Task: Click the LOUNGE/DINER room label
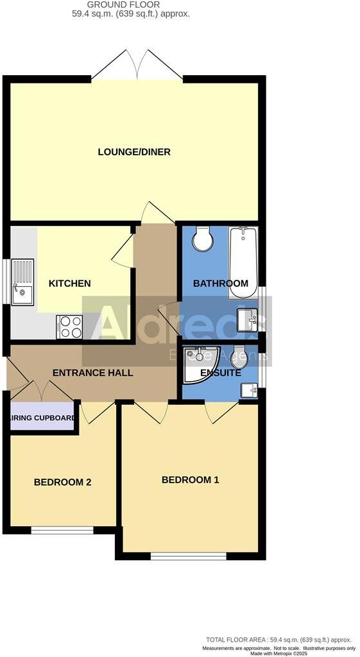134,152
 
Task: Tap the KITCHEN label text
70,284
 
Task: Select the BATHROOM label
220,284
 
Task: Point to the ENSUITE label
221,373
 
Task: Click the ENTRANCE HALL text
92,373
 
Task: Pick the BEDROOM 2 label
62,482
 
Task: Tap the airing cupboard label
42,418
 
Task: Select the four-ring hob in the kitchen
70,327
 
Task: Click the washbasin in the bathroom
248,319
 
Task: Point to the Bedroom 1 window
188,556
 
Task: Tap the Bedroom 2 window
62,531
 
